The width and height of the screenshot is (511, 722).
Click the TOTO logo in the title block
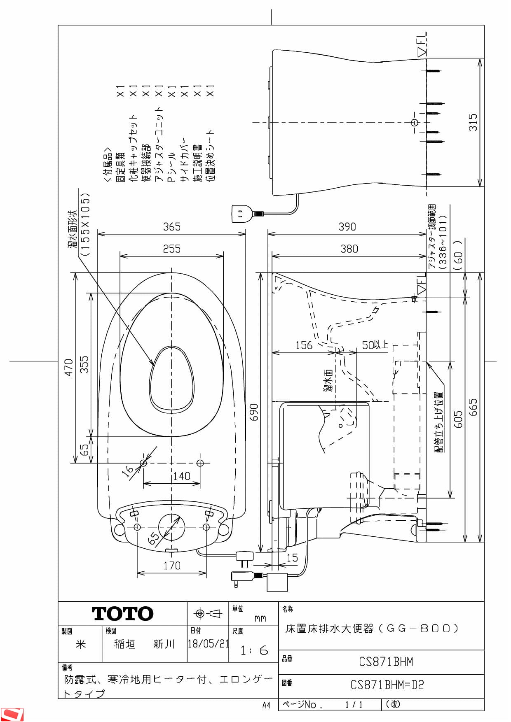point(122,614)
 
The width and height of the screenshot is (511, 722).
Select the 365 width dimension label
point(171,227)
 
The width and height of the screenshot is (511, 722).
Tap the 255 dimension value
point(171,249)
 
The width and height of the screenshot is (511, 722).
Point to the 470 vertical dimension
point(68,367)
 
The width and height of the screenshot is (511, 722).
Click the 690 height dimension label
point(254,412)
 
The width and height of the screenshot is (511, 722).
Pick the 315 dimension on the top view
point(473,122)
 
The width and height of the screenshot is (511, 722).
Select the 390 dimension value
point(347,227)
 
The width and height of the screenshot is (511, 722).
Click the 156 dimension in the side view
point(304,345)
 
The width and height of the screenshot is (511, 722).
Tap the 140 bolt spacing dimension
point(181,476)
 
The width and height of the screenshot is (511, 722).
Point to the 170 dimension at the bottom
point(172,566)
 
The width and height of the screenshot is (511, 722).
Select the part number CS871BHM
point(386,662)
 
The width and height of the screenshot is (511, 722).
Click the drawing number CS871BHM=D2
point(387,685)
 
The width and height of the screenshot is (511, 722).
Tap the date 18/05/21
point(208,644)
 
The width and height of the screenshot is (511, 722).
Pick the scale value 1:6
point(254,650)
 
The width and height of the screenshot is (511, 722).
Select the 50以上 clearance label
point(374,345)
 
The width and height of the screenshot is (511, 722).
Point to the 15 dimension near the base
point(292,558)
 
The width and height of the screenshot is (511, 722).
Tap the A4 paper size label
point(266,706)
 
